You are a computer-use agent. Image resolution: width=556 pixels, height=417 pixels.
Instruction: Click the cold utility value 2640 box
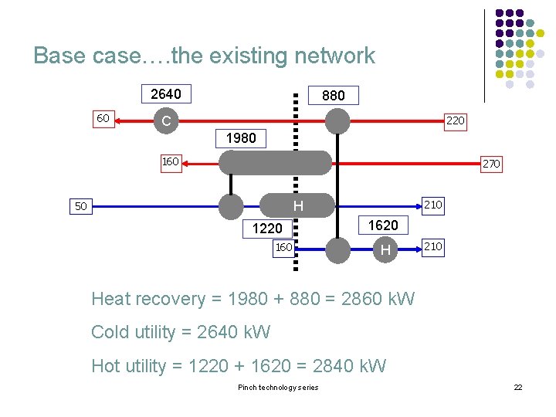[x=165, y=94]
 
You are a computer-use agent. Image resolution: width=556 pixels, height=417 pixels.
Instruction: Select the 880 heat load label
[x=333, y=96]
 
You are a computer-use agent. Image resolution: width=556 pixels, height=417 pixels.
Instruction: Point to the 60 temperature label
[x=102, y=119]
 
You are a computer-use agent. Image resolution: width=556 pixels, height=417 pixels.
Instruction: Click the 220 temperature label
[x=456, y=120]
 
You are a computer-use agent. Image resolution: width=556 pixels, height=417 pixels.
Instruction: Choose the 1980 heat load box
[x=240, y=138]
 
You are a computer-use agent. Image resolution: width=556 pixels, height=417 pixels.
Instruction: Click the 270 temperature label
[x=491, y=164]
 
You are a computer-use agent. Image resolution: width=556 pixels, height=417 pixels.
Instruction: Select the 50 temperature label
[x=80, y=206]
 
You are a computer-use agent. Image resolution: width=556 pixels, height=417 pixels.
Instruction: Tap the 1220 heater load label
[x=267, y=228]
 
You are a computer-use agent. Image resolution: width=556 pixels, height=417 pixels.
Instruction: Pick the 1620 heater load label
[x=383, y=225]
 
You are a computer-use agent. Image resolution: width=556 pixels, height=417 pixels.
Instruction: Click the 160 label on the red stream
[x=170, y=162]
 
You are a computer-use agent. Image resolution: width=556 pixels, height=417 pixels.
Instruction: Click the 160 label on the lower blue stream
[x=283, y=248]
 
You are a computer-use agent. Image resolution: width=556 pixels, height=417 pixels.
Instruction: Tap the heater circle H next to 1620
[x=385, y=249]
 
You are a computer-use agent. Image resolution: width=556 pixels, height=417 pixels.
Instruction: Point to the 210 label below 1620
[x=433, y=246]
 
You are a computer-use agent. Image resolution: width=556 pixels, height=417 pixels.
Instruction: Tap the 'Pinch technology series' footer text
[x=277, y=387]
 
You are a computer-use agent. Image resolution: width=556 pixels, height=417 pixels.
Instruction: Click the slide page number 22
[x=518, y=387]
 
